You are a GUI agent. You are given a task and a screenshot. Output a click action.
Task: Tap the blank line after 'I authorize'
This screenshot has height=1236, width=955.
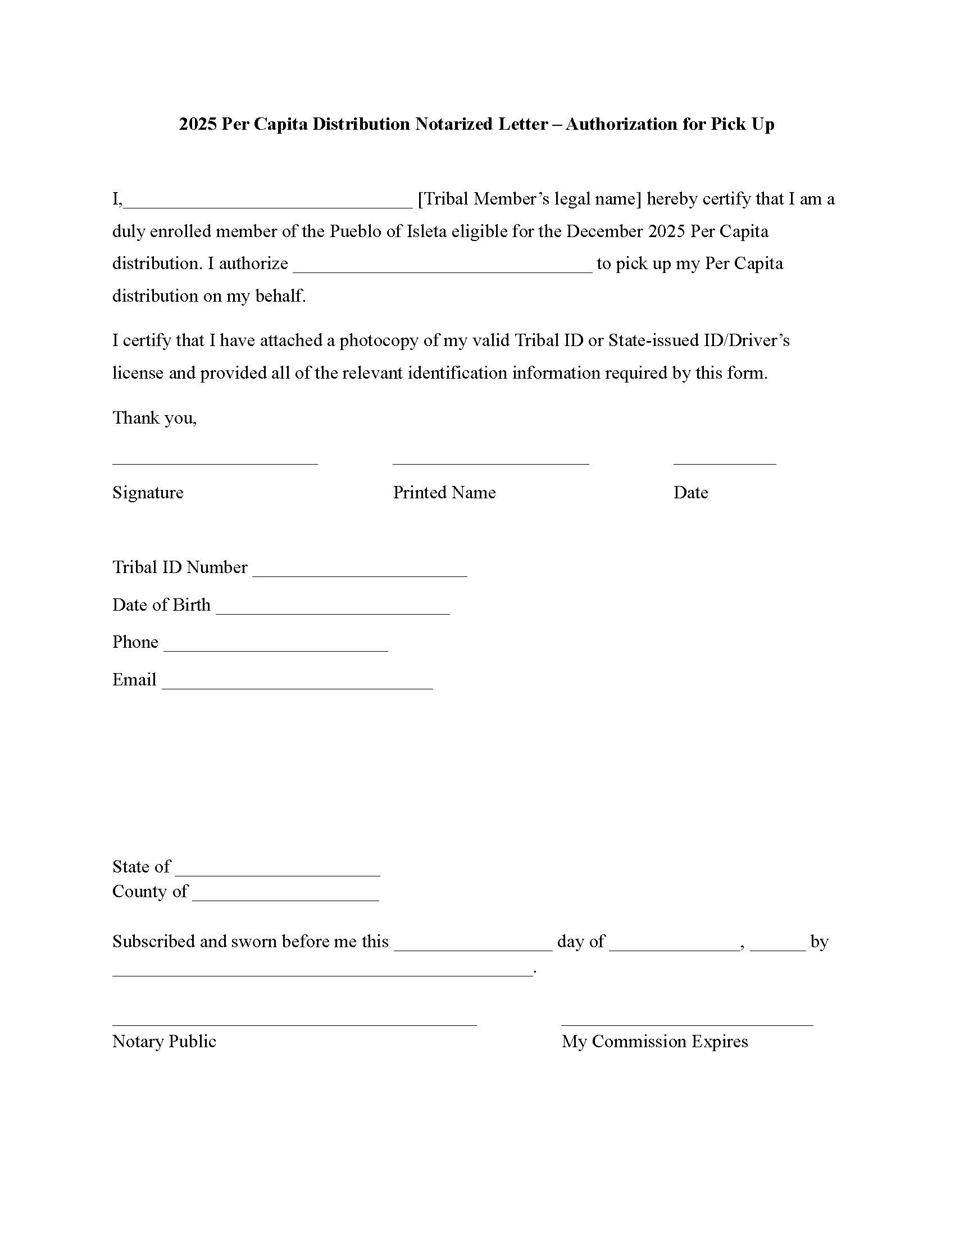(443, 271)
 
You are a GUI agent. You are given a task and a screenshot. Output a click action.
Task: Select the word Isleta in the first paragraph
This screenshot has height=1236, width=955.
(426, 231)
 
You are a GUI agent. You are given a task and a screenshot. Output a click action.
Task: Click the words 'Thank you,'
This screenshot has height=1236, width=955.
(154, 417)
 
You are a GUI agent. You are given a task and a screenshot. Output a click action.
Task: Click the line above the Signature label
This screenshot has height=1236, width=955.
(215, 462)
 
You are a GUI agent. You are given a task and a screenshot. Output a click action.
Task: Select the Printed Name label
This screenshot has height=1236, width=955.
(444, 492)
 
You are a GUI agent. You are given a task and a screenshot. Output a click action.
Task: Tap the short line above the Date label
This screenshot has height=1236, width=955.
(724, 462)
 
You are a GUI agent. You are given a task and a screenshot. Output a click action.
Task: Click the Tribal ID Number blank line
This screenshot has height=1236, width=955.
(360, 574)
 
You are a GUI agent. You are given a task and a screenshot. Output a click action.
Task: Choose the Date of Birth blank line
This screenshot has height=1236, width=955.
(333, 612)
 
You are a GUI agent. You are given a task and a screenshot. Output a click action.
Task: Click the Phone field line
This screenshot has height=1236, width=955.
(275, 649)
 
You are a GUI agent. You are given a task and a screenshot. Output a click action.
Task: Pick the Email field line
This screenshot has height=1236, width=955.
(297, 687)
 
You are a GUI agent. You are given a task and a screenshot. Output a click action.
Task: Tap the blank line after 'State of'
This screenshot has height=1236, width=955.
(277, 874)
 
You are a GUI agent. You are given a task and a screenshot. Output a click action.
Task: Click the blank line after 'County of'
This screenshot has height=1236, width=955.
(285, 899)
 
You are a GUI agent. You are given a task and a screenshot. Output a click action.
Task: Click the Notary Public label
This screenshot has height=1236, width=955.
(164, 1041)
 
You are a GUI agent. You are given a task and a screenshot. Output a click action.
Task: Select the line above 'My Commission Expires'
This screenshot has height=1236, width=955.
(687, 1023)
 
